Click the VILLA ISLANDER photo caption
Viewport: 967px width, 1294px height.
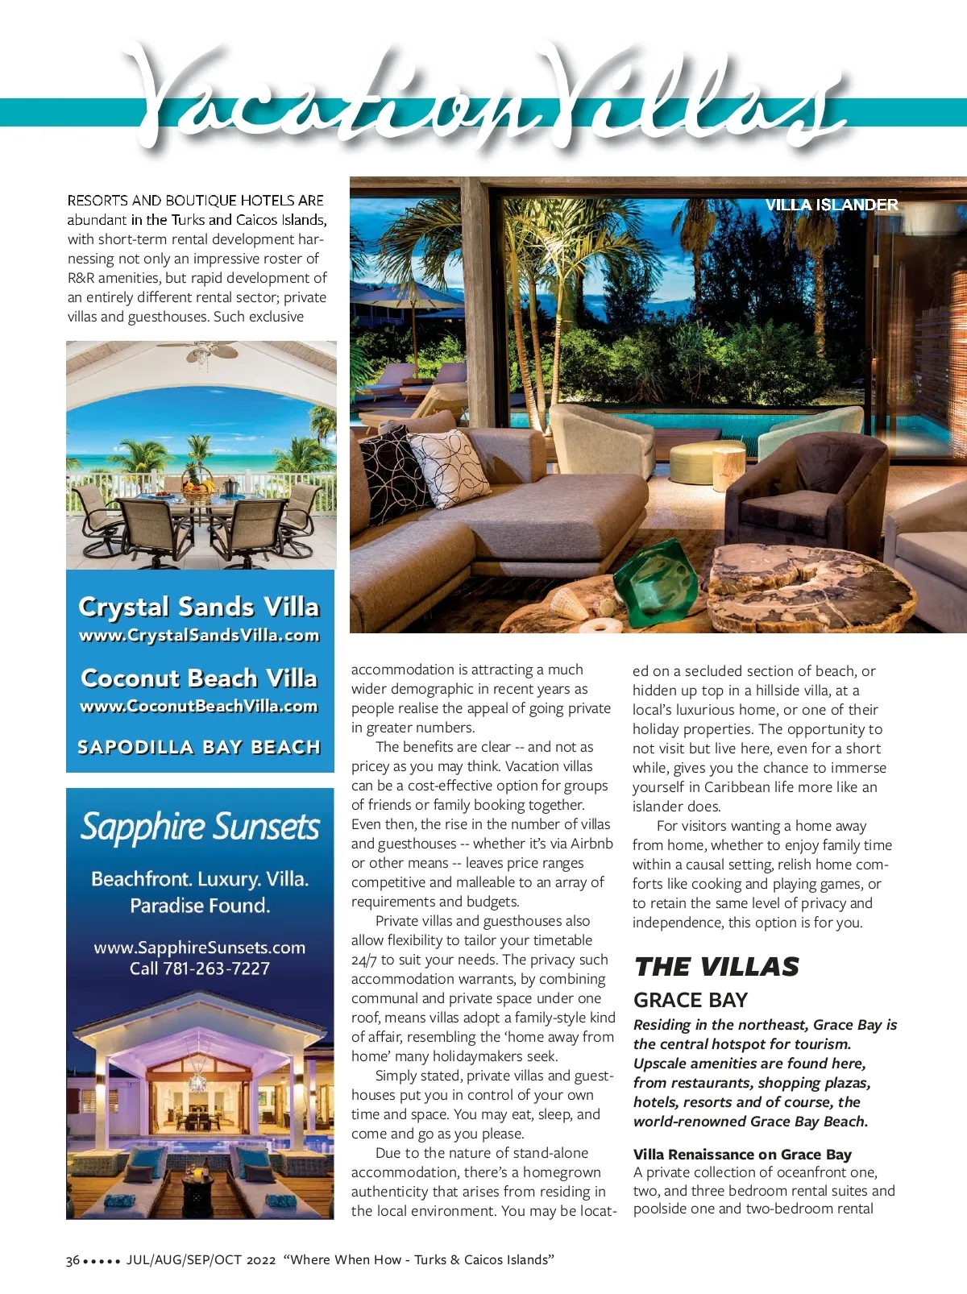tap(831, 205)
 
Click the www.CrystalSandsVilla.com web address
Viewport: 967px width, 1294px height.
tap(199, 635)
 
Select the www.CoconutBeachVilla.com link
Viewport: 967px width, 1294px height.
tap(199, 706)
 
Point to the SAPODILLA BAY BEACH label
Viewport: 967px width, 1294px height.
tap(199, 747)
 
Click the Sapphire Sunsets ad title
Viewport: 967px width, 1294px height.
tap(200, 827)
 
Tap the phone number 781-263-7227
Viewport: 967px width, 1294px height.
tap(217, 968)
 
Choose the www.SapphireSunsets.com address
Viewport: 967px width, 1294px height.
tap(200, 948)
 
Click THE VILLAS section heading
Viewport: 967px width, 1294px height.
tap(716, 966)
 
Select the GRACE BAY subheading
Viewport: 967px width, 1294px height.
tap(691, 1000)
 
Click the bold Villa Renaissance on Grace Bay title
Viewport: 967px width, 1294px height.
tap(742, 1154)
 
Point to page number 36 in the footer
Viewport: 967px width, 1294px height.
tap(73, 1260)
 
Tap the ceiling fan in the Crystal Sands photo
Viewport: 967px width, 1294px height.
tap(200, 351)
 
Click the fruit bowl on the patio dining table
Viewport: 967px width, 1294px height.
tap(198, 487)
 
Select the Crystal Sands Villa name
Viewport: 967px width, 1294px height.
tap(199, 606)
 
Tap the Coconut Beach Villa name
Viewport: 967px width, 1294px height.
tap(199, 678)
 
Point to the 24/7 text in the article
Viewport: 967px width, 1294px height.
tap(363, 960)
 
